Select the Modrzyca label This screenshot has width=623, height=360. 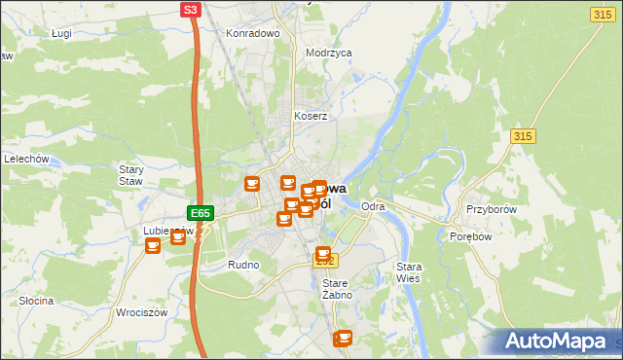[328, 54]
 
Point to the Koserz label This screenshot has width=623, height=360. [311, 116]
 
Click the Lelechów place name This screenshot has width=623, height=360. [26, 159]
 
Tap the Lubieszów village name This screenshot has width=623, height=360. [165, 232]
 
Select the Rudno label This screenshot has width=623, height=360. [242, 265]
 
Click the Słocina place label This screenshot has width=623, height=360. [36, 301]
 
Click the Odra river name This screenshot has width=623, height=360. [373, 207]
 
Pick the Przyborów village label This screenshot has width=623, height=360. [489, 209]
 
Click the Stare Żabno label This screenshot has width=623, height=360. [336, 289]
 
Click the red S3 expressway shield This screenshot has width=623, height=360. [192, 10]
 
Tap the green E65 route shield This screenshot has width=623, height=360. [201, 213]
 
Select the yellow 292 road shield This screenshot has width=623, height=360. [325, 262]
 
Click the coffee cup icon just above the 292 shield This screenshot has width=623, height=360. [323, 253]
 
